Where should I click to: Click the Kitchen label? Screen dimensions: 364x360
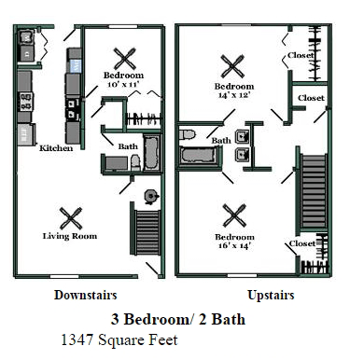(x=56, y=148)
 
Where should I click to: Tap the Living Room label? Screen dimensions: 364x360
(x=70, y=236)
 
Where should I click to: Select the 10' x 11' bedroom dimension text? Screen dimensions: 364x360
(x=123, y=84)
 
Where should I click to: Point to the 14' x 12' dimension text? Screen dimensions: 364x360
(x=234, y=95)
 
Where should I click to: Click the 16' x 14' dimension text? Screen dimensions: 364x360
(x=234, y=245)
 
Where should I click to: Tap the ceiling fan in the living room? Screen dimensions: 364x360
(x=71, y=218)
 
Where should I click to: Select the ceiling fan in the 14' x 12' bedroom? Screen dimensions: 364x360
(x=232, y=66)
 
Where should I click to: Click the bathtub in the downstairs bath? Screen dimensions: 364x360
(x=152, y=153)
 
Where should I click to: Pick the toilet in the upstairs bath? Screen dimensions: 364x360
(x=188, y=134)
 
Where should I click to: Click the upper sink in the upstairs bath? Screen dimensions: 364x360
(x=243, y=136)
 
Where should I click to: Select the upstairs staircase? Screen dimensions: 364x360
(x=314, y=191)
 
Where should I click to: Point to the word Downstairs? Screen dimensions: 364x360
(x=86, y=295)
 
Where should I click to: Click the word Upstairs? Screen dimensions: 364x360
(x=271, y=295)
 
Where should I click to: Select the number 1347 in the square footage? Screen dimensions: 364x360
(x=77, y=339)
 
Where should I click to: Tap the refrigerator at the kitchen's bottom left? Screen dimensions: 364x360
(x=26, y=134)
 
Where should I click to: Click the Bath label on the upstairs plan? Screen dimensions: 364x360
(x=221, y=141)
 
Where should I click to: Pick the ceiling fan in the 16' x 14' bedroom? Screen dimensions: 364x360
(x=234, y=215)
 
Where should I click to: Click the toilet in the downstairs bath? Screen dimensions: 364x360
(x=135, y=162)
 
